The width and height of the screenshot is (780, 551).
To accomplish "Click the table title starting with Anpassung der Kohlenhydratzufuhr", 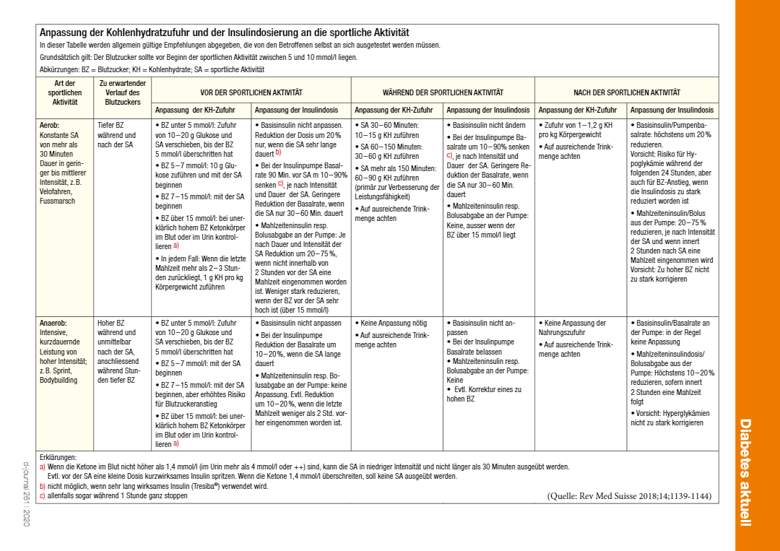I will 224,32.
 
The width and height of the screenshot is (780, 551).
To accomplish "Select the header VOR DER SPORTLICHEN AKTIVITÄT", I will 251,92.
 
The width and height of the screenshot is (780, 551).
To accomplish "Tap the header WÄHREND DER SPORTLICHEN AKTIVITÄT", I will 443,92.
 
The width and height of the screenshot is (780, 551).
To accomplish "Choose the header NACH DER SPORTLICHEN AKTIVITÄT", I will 626,92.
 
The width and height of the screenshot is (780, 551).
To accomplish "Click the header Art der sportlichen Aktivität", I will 65,92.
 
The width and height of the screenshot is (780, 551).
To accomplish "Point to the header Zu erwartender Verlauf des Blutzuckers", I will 123,92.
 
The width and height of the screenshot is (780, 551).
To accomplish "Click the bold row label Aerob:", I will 50,125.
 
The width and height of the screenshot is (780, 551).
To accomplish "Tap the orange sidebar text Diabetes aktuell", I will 746,472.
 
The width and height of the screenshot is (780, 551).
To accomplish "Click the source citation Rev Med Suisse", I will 629,496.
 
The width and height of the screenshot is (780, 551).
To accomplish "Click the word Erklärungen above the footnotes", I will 58,458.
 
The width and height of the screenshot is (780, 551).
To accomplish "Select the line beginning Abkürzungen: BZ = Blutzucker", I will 152,70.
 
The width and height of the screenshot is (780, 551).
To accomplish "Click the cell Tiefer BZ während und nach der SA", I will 117,135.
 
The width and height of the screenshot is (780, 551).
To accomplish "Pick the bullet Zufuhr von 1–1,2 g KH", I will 577,130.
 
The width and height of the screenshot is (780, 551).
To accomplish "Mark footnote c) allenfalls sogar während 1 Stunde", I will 116,495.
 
